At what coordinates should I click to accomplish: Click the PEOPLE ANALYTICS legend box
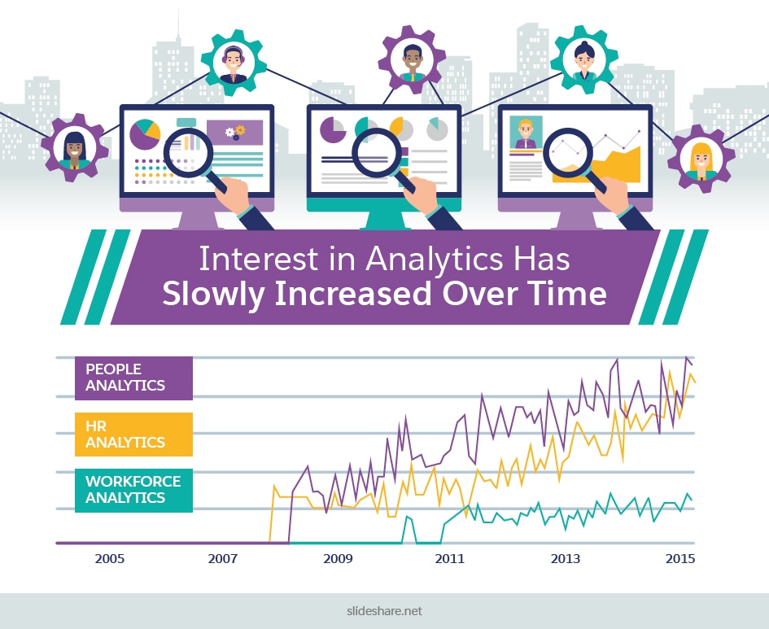point(133,378)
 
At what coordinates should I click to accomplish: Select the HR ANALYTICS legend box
point(133,435)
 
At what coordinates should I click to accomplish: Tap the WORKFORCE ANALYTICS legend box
point(133,490)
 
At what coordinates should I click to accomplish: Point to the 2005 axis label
point(110,558)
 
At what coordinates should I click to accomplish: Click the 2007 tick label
point(223,558)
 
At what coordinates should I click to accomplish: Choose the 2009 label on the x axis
point(338,558)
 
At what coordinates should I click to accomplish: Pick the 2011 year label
point(450,558)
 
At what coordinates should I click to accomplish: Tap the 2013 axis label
point(566,558)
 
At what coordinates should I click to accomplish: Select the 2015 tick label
point(680,558)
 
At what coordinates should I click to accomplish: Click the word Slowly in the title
point(214,295)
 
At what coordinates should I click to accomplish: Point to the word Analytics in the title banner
point(435,260)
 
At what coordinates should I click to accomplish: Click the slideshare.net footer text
point(384,611)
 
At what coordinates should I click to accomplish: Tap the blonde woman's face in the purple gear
point(701,158)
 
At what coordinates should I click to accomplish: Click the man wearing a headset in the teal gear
point(233,63)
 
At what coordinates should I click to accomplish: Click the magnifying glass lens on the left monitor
point(188,152)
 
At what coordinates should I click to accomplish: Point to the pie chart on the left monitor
point(145,133)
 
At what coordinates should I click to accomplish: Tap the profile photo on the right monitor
point(526,133)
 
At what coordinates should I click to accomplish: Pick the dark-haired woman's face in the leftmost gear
point(75,149)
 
